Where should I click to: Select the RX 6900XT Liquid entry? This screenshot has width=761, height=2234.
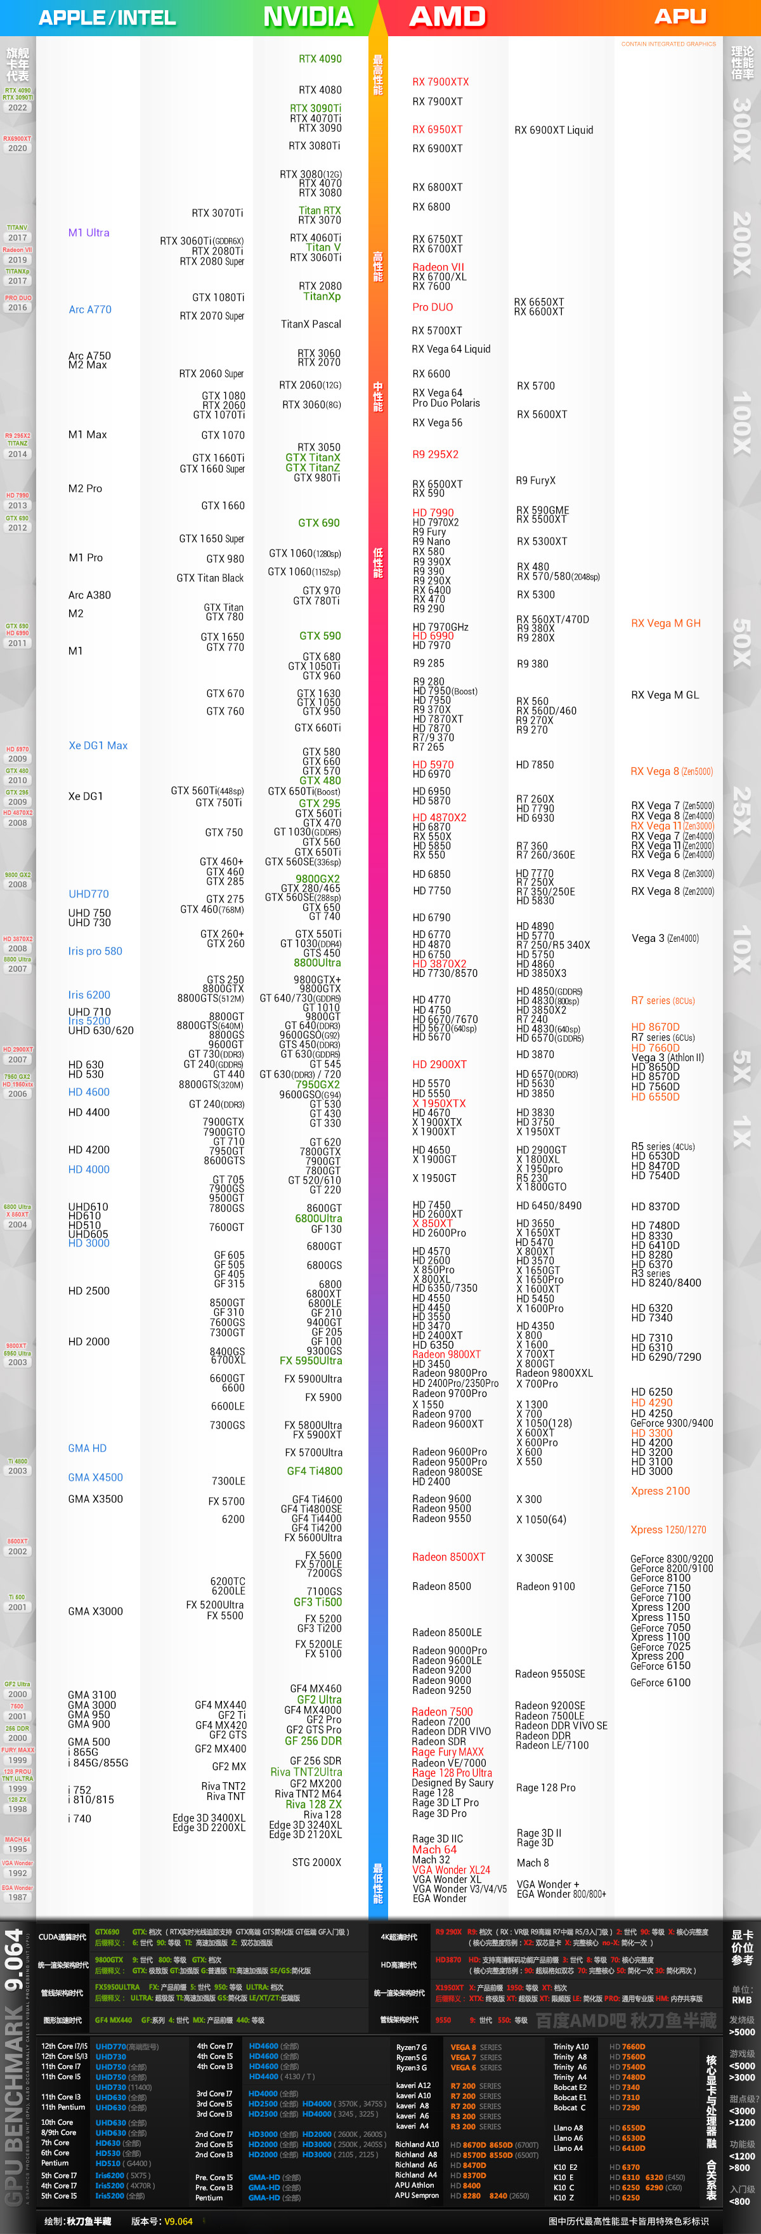point(554,130)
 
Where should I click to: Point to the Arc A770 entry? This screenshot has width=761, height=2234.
point(90,310)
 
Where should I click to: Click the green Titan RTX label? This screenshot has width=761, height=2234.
point(320,211)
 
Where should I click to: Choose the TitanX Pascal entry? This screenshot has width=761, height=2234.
point(311,324)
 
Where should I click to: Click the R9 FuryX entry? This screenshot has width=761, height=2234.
point(536,480)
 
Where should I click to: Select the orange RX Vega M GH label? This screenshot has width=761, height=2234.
point(666,623)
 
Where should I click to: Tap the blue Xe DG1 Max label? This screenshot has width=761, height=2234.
point(98,745)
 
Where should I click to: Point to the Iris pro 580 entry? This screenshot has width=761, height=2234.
point(95,951)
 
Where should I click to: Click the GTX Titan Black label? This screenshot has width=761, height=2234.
point(210,578)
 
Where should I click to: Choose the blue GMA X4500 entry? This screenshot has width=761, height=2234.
point(95,1477)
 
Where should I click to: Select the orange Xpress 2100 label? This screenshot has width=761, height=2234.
point(660,1491)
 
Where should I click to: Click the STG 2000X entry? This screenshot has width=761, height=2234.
point(316,1862)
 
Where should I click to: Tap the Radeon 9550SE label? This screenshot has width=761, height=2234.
point(550,1674)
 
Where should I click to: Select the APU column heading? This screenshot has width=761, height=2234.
point(680,17)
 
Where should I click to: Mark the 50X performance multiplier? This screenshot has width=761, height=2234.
point(742,642)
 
